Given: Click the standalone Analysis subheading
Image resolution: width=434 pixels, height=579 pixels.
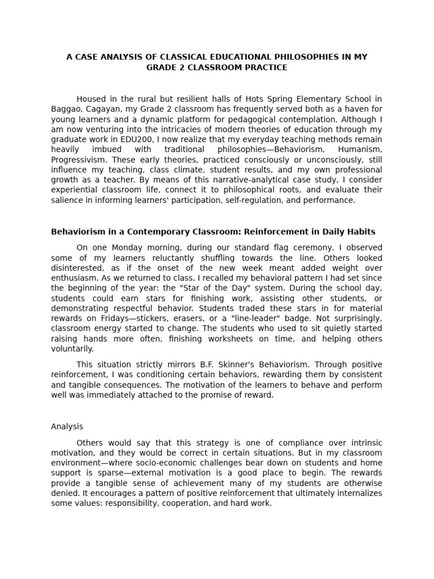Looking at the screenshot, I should pyautogui.click(x=67, y=427).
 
